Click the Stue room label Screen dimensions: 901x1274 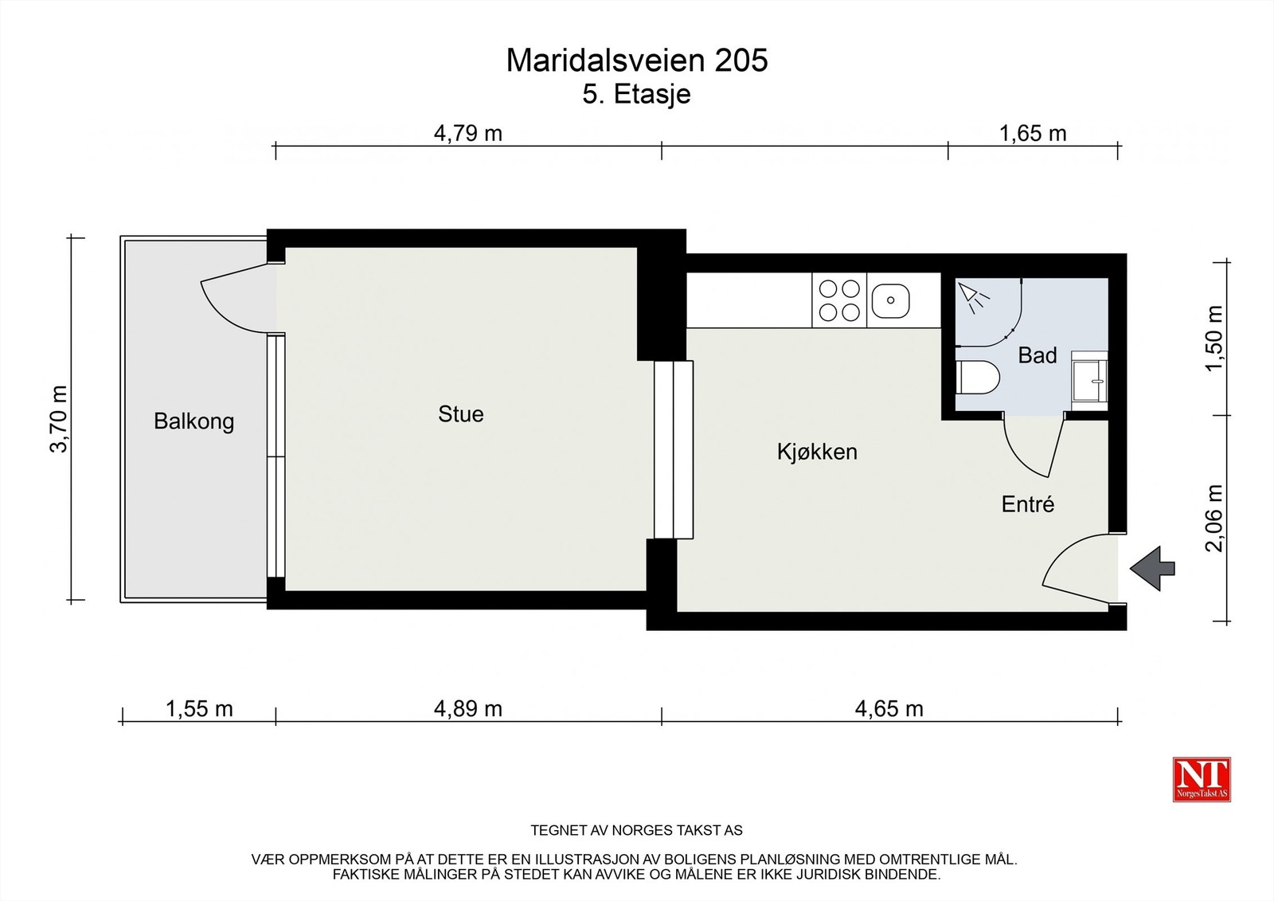(460, 414)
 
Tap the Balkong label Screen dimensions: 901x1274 (193, 421)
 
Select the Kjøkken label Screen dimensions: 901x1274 (817, 452)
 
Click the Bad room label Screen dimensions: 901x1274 (1037, 355)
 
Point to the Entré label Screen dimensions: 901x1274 (1027, 504)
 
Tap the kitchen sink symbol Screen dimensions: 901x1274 (890, 301)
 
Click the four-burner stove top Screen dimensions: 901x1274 (839, 300)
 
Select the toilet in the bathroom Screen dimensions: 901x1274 (976, 378)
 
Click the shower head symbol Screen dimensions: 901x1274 (972, 296)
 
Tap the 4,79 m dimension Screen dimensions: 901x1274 (467, 133)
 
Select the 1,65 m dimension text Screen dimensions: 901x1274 (1032, 133)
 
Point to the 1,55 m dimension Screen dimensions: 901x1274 (199, 708)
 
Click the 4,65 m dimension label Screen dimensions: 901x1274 (889, 708)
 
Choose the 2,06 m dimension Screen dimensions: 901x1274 (1213, 518)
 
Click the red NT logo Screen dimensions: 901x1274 (1201, 778)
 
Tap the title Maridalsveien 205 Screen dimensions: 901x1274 (636, 61)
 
